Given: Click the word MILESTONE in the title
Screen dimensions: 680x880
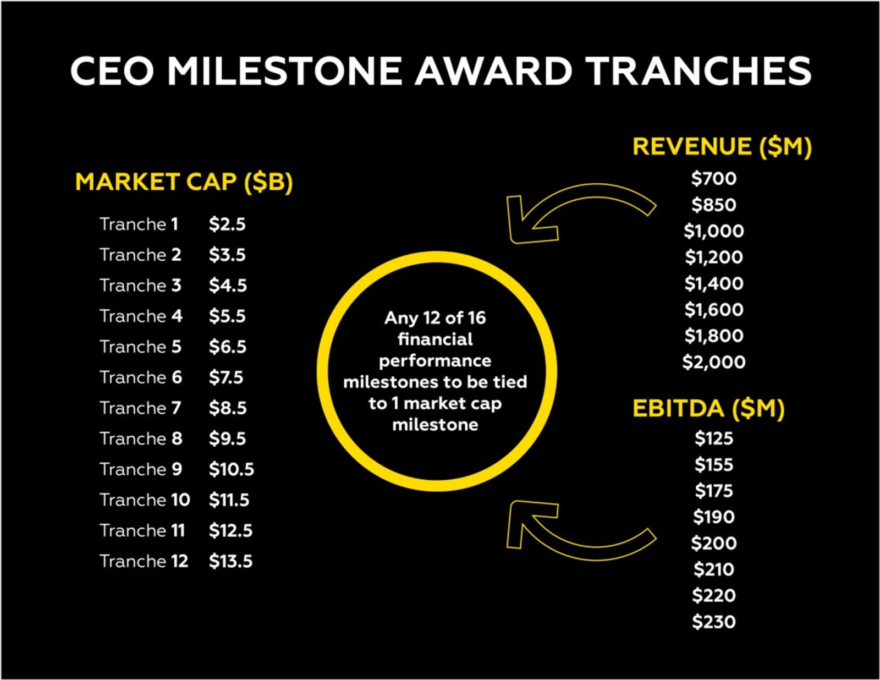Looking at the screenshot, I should tap(285, 71).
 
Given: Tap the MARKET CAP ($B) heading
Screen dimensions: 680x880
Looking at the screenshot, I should tap(184, 182).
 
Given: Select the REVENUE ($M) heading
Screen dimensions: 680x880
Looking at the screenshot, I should tap(722, 147).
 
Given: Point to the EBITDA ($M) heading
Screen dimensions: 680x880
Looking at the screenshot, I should tap(708, 409).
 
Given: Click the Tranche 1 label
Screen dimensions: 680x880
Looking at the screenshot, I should tap(139, 224).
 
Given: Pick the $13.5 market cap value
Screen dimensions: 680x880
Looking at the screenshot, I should tap(230, 562).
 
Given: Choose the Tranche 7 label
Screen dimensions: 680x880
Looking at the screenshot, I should tap(140, 408).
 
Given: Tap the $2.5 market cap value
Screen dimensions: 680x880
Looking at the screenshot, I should tap(227, 224).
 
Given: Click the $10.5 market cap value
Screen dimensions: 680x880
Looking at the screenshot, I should tap(232, 470).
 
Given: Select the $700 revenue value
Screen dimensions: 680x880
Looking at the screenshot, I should tap(714, 178).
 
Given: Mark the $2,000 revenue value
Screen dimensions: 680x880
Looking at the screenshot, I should tap(714, 362).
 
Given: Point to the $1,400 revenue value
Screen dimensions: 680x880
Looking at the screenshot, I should tap(714, 283).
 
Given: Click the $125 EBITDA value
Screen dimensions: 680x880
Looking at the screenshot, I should tap(714, 438).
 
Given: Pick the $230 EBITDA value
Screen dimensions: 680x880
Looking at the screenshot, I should tap(714, 622).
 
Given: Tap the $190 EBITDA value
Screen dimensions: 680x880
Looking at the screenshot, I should tap(714, 517).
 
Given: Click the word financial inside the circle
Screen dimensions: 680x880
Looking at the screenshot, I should tap(435, 339).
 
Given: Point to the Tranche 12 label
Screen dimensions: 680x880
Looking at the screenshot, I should tap(144, 562).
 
